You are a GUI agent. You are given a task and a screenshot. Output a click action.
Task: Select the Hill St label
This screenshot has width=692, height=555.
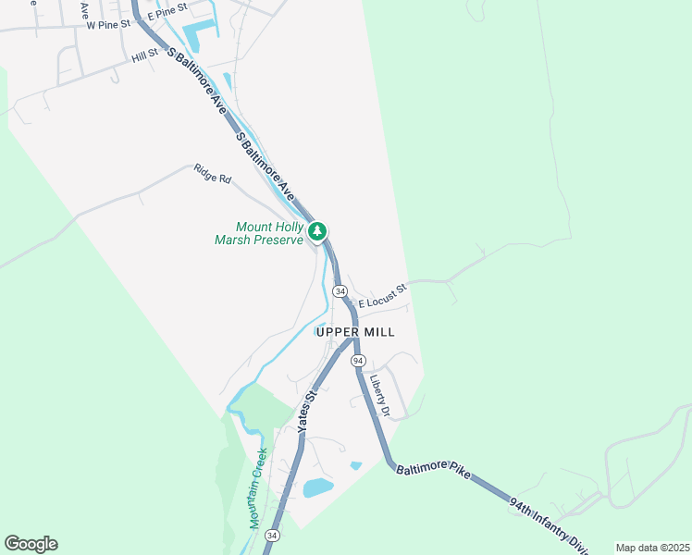145,56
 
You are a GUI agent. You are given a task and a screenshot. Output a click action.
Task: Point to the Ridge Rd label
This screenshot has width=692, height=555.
212,173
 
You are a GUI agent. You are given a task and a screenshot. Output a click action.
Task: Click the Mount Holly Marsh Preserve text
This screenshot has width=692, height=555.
270,233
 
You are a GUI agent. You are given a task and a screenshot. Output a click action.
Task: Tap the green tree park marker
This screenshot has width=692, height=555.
317,230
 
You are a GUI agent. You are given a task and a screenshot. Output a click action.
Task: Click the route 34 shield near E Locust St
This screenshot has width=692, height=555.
340,290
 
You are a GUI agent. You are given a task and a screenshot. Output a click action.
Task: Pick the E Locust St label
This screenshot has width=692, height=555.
383,296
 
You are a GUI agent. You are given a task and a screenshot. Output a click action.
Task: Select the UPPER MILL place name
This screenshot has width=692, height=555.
355,332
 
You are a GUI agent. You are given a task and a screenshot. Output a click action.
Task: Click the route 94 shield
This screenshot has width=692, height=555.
358,360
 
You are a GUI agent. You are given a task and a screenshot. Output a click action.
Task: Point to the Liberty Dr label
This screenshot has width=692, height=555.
380,394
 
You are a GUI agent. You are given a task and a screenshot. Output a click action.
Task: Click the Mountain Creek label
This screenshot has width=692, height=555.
257,487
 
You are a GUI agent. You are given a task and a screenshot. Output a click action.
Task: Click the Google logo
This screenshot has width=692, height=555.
31,544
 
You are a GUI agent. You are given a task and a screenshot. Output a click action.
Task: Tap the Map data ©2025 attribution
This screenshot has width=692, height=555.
651,548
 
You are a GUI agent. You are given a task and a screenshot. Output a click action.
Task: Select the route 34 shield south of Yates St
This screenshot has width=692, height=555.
271,536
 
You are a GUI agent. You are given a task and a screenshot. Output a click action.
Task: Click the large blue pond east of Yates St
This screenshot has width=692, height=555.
317,487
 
